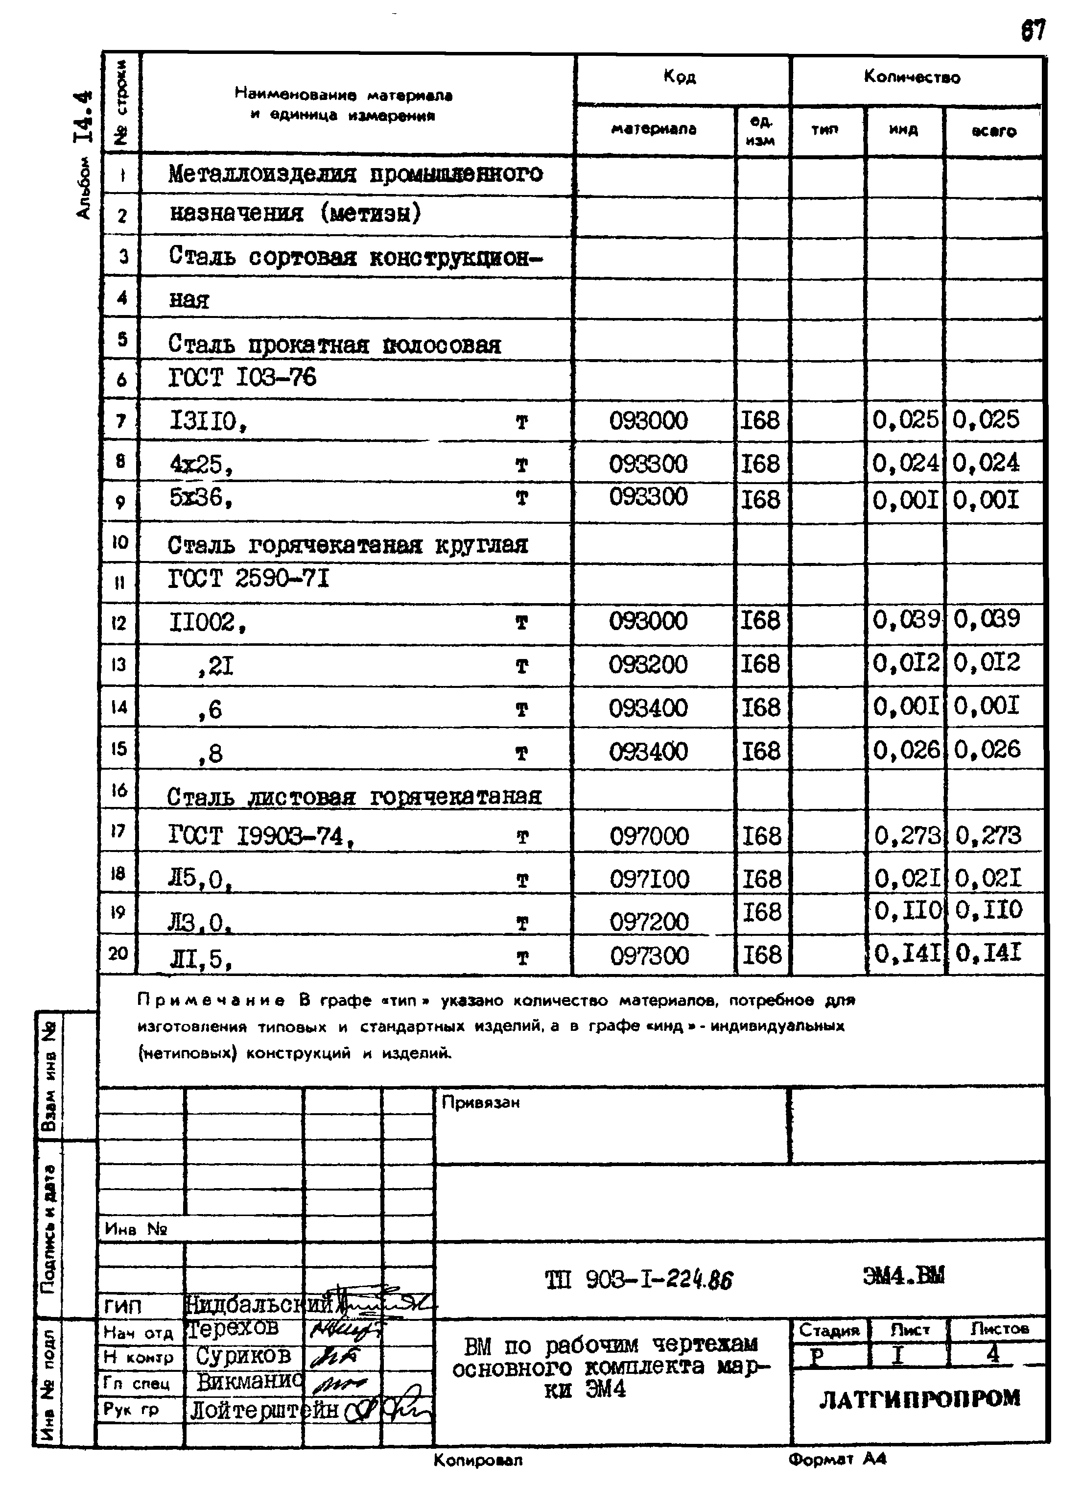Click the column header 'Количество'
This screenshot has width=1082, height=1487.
(912, 77)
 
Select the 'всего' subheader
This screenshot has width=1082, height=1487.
(993, 131)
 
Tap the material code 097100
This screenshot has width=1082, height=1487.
(650, 878)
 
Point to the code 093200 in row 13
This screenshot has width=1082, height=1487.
(648, 665)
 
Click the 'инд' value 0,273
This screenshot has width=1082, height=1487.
(907, 836)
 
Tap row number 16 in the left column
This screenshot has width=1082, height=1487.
(118, 790)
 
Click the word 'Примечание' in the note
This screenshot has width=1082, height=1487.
(211, 1000)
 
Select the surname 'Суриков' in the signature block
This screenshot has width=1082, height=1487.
(243, 1355)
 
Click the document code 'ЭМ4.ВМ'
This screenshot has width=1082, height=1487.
(904, 1276)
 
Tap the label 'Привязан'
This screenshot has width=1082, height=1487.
(480, 1103)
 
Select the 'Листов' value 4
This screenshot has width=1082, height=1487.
(993, 1353)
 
